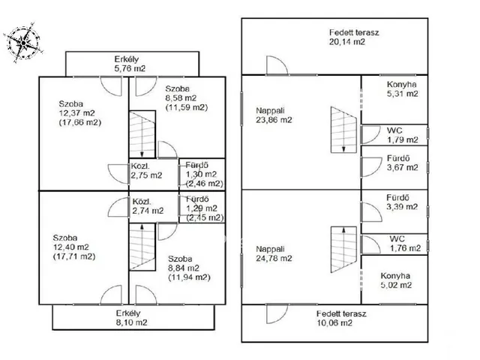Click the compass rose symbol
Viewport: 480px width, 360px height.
click(x=23, y=43)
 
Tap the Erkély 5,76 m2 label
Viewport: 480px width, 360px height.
click(x=130, y=64)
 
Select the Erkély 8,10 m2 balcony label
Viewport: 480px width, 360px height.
click(x=132, y=318)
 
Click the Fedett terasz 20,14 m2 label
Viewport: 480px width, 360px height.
click(x=354, y=37)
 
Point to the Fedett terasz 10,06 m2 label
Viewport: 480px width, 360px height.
click(x=341, y=318)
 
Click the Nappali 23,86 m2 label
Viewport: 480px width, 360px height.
click(x=274, y=115)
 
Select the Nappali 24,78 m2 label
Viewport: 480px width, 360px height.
click(x=274, y=253)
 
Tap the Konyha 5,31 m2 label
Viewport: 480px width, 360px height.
click(x=402, y=89)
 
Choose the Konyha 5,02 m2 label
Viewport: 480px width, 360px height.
click(x=396, y=280)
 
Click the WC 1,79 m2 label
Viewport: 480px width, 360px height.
click(x=402, y=135)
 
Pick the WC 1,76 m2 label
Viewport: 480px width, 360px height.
click(x=405, y=243)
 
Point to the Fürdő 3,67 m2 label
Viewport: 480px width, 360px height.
click(x=402, y=163)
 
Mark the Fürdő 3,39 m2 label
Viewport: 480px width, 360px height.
click(x=402, y=202)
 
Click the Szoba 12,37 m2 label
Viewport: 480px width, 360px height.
click(x=80, y=113)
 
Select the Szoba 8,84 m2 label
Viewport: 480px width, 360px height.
click(x=189, y=268)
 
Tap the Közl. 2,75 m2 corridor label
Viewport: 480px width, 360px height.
click(x=147, y=171)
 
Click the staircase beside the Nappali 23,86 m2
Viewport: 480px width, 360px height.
click(x=343, y=130)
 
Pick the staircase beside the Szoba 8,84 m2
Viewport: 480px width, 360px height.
click(x=142, y=247)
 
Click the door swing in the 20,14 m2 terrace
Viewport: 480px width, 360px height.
click(x=277, y=65)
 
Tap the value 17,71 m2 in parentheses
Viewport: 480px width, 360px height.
click(x=74, y=256)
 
